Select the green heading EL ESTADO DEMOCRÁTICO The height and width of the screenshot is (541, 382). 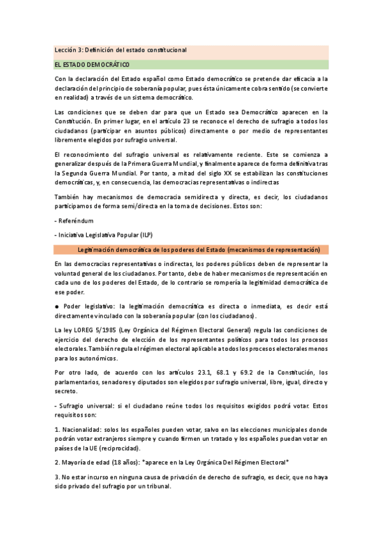coord(92,64)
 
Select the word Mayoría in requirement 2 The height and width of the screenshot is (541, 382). coord(75,462)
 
